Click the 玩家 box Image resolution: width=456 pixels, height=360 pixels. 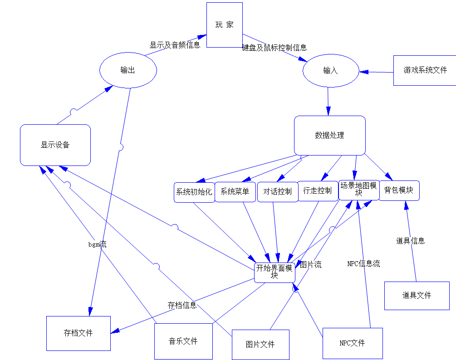(x=224, y=25)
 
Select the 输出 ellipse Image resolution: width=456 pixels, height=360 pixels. (x=128, y=70)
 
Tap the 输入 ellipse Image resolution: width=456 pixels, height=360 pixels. (x=330, y=71)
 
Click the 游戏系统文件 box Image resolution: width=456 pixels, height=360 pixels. (x=425, y=70)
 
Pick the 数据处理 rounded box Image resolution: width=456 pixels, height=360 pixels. (x=329, y=135)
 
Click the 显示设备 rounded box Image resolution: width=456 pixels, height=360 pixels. (x=55, y=145)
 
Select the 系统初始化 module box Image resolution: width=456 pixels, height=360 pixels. (x=194, y=192)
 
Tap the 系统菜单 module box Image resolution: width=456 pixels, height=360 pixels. (x=235, y=192)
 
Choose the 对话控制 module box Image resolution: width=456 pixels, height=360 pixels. (x=277, y=191)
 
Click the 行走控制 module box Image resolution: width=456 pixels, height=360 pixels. (x=318, y=191)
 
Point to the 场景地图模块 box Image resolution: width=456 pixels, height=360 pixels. (x=358, y=190)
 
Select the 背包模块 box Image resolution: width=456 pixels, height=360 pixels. (x=399, y=190)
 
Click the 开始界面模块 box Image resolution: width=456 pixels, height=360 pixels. (x=275, y=272)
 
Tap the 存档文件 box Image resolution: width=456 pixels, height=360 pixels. (x=78, y=333)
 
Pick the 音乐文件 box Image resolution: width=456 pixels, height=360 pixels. (x=183, y=341)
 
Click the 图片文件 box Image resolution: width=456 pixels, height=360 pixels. (x=260, y=345)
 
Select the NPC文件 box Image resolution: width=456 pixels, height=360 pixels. (x=352, y=343)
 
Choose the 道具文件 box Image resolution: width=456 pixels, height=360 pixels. (x=417, y=296)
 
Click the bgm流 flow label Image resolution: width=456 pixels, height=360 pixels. (x=97, y=244)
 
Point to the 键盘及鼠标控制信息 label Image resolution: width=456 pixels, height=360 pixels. (x=275, y=48)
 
